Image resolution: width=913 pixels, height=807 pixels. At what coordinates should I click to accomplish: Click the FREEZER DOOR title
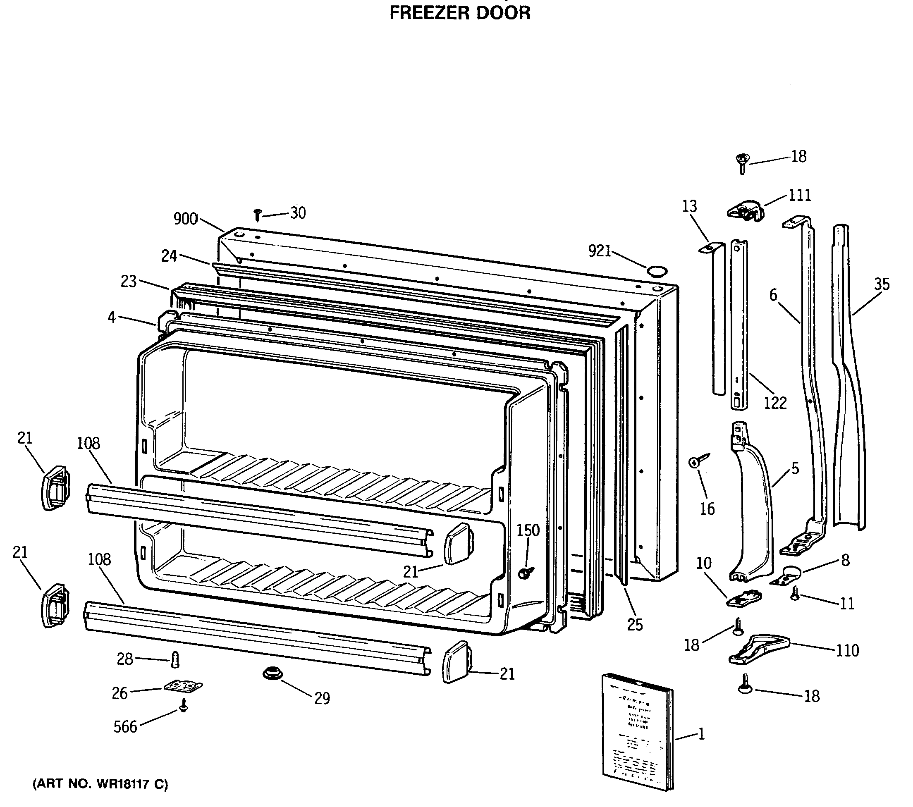pyautogui.click(x=460, y=12)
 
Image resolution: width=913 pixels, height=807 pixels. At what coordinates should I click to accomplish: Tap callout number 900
pyautogui.click(x=185, y=219)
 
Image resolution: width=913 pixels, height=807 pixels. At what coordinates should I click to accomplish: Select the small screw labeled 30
pyautogui.click(x=257, y=215)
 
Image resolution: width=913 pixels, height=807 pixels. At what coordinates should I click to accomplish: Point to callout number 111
pyautogui.click(x=799, y=195)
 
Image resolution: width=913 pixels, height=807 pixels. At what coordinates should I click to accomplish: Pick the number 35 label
pyautogui.click(x=882, y=284)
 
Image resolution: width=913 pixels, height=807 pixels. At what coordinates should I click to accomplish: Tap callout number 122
pyautogui.click(x=775, y=403)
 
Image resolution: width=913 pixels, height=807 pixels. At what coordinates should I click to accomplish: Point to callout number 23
pyautogui.click(x=129, y=282)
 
